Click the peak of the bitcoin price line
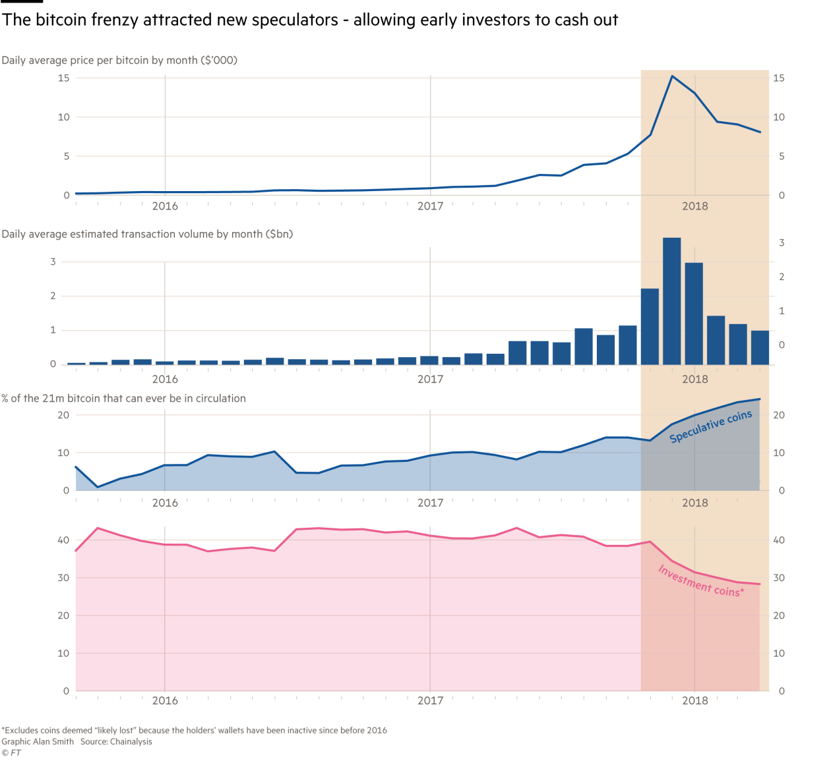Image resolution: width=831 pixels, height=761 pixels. [x=672, y=76]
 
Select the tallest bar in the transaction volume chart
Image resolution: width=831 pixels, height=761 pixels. [x=672, y=300]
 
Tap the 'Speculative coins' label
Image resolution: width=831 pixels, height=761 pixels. [x=710, y=427]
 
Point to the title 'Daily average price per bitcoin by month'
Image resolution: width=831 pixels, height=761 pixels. [x=119, y=61]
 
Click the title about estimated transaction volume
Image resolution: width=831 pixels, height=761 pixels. [x=147, y=234]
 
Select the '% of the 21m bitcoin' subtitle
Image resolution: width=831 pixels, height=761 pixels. [x=124, y=399]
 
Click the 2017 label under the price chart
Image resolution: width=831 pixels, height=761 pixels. [x=430, y=206]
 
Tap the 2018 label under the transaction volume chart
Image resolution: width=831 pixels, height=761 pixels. [x=694, y=380]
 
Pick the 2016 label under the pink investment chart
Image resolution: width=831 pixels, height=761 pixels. [x=165, y=700]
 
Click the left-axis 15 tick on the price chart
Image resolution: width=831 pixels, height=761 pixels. [x=63, y=78]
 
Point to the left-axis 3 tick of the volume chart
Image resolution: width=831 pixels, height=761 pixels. [x=53, y=262]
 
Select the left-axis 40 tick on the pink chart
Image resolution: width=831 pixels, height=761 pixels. [x=63, y=540]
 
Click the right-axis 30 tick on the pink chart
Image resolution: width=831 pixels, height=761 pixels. [x=779, y=578]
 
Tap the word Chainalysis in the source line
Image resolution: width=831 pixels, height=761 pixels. [x=131, y=742]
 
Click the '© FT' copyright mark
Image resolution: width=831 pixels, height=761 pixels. [x=11, y=753]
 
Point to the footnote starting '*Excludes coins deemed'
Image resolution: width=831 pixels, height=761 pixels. [x=194, y=730]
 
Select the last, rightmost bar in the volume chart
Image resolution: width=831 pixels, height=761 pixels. [x=760, y=347]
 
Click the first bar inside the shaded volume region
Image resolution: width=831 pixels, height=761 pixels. [x=650, y=326]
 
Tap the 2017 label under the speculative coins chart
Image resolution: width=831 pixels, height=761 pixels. [x=430, y=503]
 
